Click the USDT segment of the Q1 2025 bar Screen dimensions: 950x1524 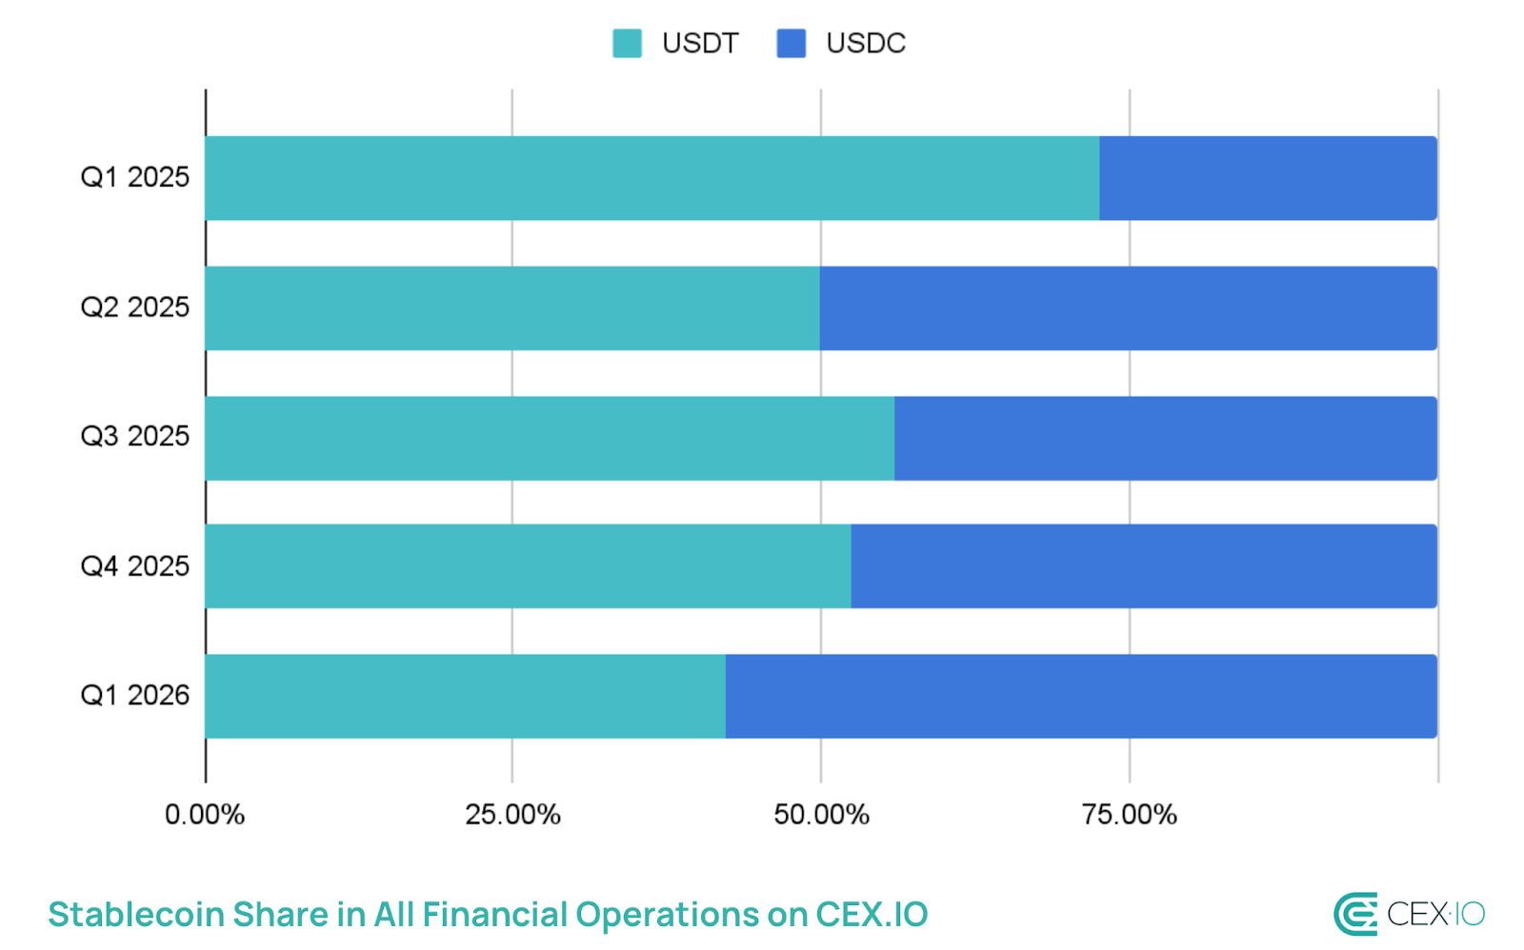[x=652, y=178]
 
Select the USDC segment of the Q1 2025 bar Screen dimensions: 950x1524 [x=1268, y=178]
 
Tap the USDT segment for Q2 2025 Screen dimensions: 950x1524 [x=512, y=308]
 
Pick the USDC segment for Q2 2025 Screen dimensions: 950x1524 [x=1128, y=308]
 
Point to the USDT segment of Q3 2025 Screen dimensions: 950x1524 [x=550, y=438]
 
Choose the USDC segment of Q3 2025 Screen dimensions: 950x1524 [x=1165, y=438]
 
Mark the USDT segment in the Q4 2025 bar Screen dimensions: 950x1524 [x=528, y=566]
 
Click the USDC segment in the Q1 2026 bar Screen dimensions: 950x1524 [x=1081, y=696]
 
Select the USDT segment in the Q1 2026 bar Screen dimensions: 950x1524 [x=465, y=696]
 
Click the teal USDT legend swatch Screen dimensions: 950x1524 [x=627, y=43]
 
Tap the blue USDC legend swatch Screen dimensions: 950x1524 [x=791, y=43]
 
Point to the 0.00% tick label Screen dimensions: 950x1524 [x=205, y=815]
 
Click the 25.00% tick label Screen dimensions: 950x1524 [x=512, y=815]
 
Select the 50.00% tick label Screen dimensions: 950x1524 [x=821, y=815]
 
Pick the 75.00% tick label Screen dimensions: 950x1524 [x=1129, y=815]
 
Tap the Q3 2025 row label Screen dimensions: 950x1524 [x=134, y=436]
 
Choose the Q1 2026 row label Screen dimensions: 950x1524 [x=134, y=695]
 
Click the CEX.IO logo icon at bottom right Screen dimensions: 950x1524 [x=1355, y=914]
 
